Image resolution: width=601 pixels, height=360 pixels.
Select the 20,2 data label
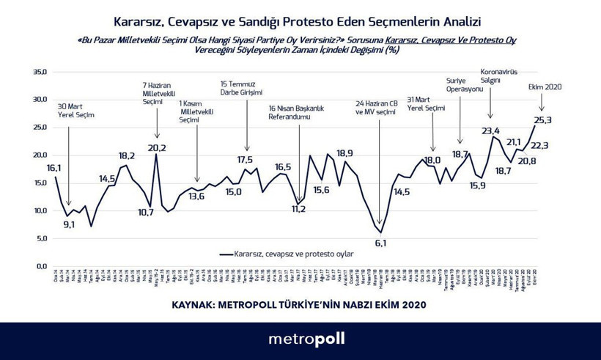click(157, 148)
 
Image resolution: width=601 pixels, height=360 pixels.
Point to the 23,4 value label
click(490, 132)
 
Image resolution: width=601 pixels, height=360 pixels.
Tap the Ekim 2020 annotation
click(543, 87)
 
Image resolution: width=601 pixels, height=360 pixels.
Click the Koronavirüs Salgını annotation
click(498, 76)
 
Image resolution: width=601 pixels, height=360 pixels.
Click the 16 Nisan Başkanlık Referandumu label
click(295, 112)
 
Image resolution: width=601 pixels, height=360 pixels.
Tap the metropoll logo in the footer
click(300, 339)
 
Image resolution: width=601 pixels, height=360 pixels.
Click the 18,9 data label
click(345, 153)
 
